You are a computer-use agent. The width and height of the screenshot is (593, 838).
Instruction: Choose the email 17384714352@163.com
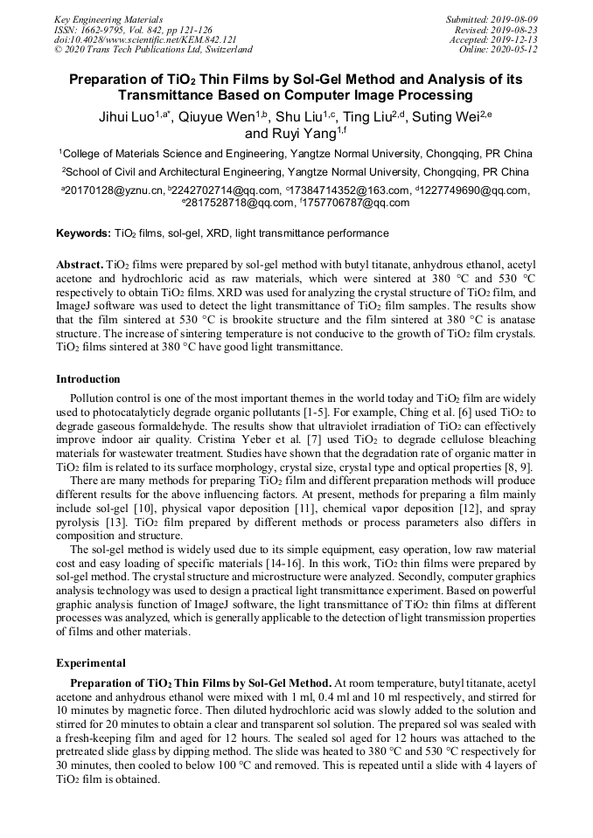coord(347,190)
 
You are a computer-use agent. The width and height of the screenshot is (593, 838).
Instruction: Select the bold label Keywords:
coord(84,234)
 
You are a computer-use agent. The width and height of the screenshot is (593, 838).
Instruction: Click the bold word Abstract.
coord(79,264)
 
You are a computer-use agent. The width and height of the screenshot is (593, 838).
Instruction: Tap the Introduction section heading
coord(88,379)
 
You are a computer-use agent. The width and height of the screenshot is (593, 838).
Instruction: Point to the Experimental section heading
coord(91,663)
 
